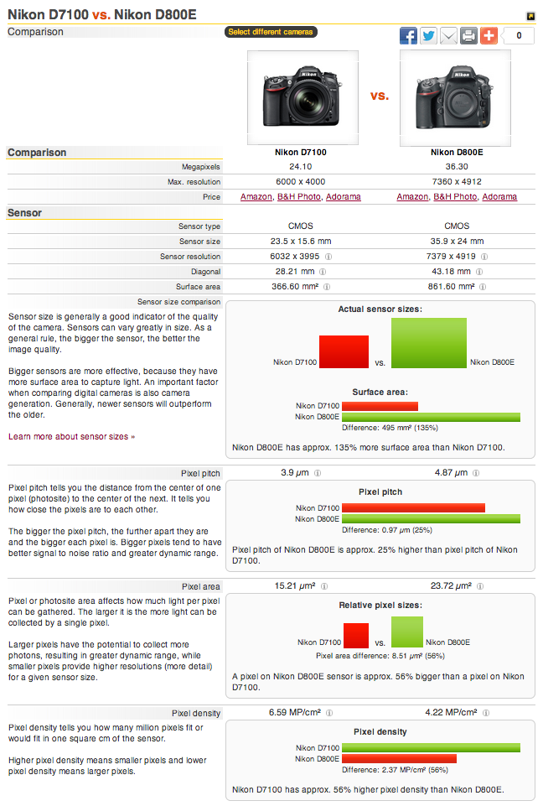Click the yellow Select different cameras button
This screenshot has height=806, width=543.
[270, 32]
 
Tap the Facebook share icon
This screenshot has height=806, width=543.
[408, 35]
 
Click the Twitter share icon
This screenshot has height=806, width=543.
[428, 35]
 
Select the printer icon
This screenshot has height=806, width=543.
[468, 35]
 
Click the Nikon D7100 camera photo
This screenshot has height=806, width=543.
[303, 96]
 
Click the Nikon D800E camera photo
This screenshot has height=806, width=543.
[456, 96]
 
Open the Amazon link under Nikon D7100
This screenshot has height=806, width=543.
[256, 197]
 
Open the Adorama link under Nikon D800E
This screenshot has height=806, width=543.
[499, 197]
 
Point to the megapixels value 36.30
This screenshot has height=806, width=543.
[457, 167]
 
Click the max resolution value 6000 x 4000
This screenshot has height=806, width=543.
[301, 182]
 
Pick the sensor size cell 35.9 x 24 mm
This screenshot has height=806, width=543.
[457, 242]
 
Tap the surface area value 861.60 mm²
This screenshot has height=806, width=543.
[453, 287]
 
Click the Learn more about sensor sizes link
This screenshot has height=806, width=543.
[71, 436]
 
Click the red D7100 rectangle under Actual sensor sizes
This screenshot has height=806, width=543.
[344, 351]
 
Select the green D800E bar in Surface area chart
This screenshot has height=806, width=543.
[431, 417]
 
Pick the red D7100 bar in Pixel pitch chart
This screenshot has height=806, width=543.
[413, 507]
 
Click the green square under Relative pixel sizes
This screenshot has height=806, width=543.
[407, 632]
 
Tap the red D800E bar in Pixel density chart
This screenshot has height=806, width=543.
[399, 758]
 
